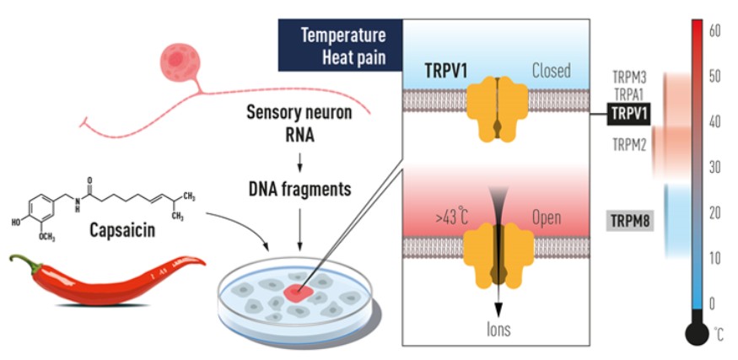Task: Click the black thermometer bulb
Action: coord(697,335)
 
